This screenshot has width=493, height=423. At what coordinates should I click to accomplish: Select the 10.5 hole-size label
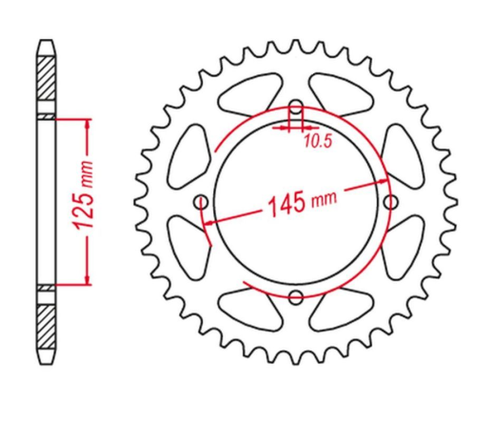[x=318, y=143]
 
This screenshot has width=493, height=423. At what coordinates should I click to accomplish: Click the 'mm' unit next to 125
[x=87, y=171]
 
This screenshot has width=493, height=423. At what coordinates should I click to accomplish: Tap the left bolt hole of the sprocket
[x=200, y=201]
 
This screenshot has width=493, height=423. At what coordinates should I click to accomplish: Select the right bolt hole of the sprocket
[x=390, y=201]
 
